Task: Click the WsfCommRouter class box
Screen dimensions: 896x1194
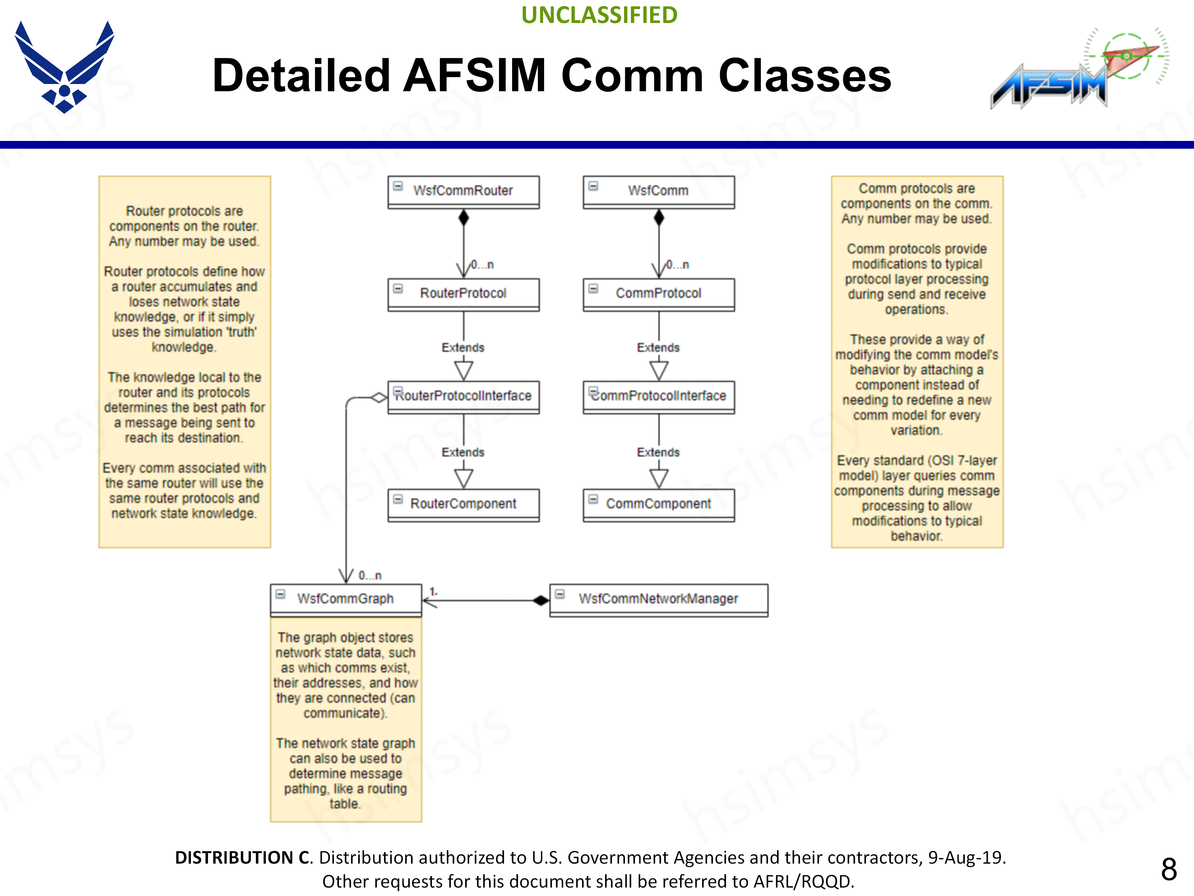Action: (463, 191)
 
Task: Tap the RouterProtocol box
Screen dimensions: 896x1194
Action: (463, 294)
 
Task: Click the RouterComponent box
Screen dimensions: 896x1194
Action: (463, 504)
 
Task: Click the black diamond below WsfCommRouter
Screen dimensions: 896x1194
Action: (463, 218)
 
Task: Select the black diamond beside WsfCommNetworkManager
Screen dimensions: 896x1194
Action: (540, 600)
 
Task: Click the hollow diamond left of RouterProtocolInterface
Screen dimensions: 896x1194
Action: (379, 398)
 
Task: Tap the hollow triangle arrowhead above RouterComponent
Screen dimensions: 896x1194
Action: (463, 478)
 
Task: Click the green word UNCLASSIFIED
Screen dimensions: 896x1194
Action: (599, 15)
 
